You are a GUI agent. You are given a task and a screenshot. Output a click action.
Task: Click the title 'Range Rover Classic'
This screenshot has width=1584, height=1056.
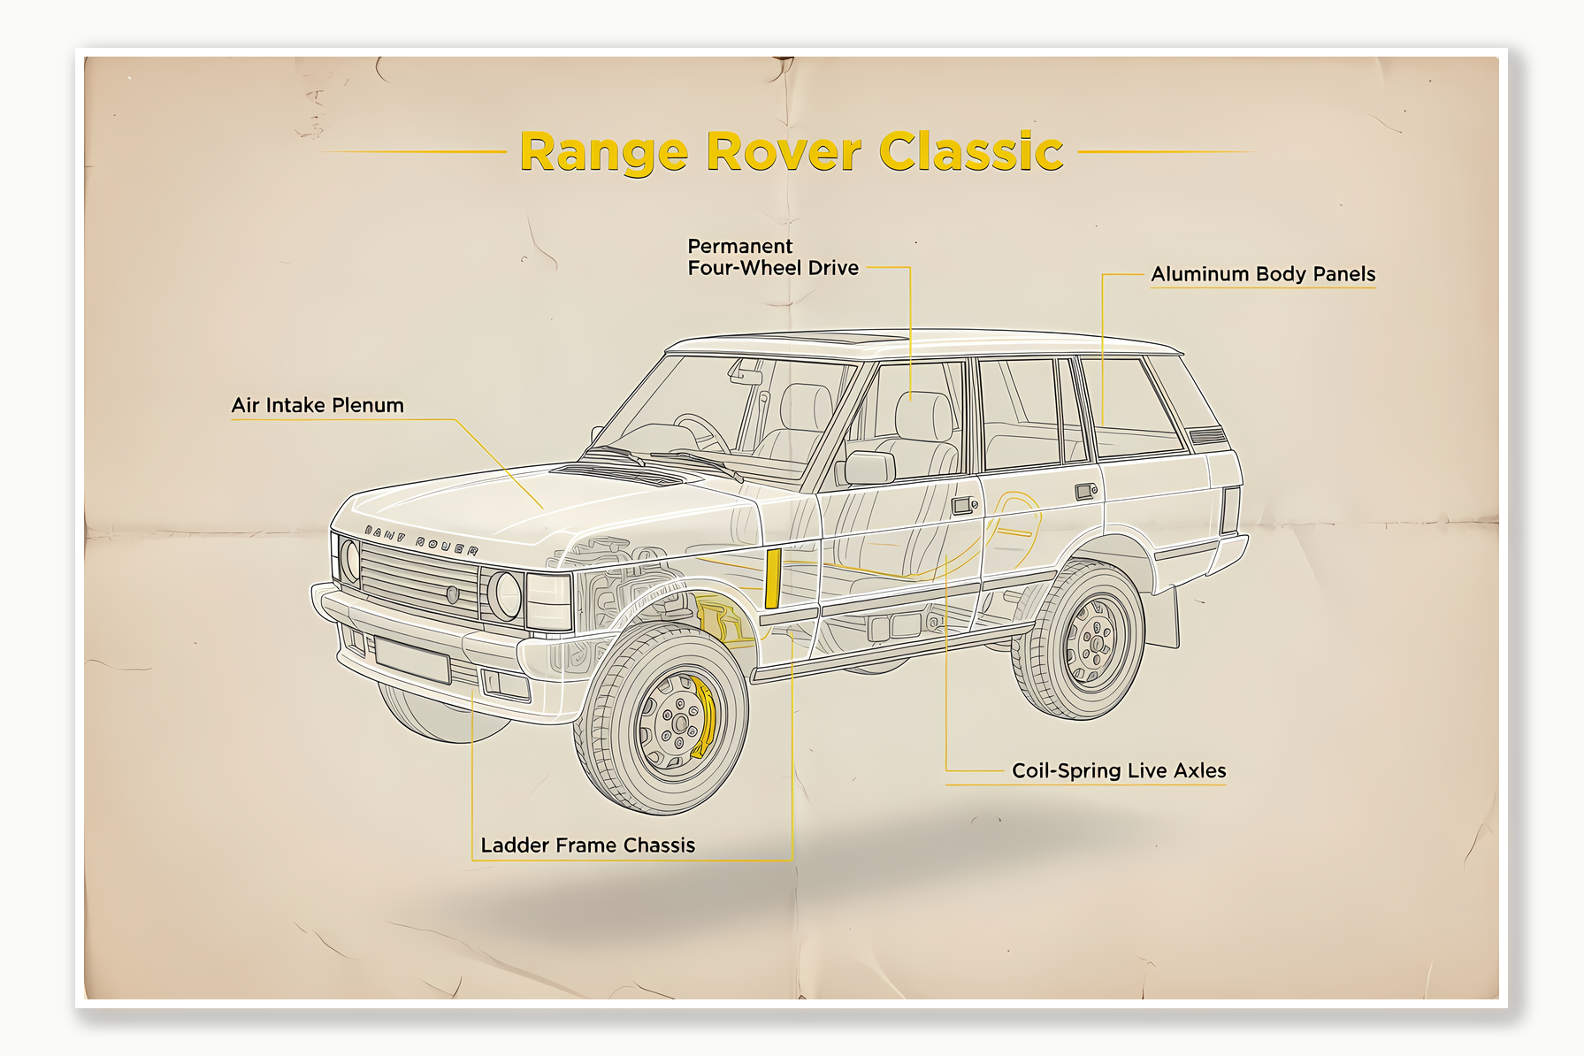pos(791,151)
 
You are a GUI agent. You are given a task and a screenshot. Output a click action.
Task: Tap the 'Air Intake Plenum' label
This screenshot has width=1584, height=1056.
pos(318,405)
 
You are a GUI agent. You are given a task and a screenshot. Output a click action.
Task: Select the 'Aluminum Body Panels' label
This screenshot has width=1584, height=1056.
pos(1263,274)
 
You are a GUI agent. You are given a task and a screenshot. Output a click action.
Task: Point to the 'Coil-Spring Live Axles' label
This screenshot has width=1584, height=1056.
pos(1119,770)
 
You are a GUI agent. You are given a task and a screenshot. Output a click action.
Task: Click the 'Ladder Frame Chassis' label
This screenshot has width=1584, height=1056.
pos(587,846)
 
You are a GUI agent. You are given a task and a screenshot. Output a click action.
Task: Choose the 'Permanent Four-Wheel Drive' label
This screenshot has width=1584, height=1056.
pos(772,257)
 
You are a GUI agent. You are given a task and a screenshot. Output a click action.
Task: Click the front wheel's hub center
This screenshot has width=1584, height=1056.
pos(678,724)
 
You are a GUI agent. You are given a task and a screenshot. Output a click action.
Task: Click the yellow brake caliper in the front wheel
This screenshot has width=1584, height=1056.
pos(705,715)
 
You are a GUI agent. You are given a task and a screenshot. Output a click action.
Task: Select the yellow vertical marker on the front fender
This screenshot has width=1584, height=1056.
pos(772,578)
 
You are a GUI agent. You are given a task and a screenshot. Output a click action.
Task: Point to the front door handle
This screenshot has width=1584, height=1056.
pos(962,506)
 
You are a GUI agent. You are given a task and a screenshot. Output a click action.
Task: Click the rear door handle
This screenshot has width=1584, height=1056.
pos(1085,491)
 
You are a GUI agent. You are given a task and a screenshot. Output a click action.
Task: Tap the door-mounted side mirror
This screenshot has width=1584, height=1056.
pos(869,468)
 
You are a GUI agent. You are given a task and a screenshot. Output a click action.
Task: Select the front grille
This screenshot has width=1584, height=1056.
pos(419,582)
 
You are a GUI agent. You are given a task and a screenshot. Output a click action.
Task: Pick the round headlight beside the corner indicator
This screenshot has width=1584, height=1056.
pos(505,595)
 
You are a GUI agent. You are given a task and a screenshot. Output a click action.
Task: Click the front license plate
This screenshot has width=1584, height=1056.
pos(412,659)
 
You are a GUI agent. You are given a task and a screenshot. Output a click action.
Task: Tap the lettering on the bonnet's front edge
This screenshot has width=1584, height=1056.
pos(422,541)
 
